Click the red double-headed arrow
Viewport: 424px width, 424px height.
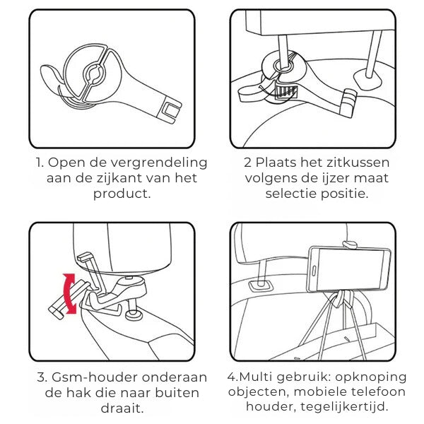[69, 294]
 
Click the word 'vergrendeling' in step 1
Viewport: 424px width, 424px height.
[159, 163]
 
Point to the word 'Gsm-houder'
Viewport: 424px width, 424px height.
[95, 377]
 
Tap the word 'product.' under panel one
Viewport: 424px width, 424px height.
[122, 194]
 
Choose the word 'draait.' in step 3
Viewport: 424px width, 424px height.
[122, 408]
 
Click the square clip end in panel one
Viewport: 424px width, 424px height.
[172, 111]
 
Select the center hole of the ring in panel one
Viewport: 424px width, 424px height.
[93, 73]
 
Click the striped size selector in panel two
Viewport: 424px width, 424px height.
[285, 91]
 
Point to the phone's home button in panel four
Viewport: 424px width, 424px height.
[314, 271]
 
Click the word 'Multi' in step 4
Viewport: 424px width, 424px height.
[257, 377]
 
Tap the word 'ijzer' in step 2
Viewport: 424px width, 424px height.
[336, 179]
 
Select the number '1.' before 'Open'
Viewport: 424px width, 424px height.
[40, 163]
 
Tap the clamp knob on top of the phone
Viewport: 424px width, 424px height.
[350, 245]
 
